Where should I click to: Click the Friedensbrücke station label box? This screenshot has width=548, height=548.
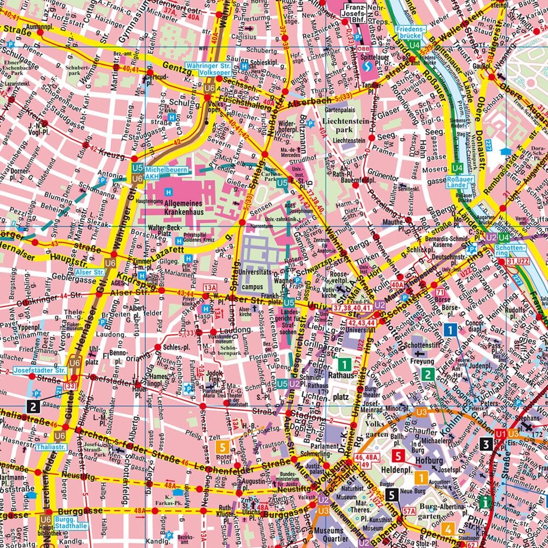tap(410, 31)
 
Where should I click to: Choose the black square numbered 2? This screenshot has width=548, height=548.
tap(34, 406)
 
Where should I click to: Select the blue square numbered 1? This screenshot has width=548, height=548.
tap(450, 329)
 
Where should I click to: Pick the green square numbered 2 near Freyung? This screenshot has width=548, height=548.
tap(427, 375)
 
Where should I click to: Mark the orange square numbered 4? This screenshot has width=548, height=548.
tap(448, 529)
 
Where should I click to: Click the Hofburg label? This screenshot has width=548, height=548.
tap(429, 461)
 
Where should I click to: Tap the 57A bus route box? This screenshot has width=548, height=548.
tap(409, 511)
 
